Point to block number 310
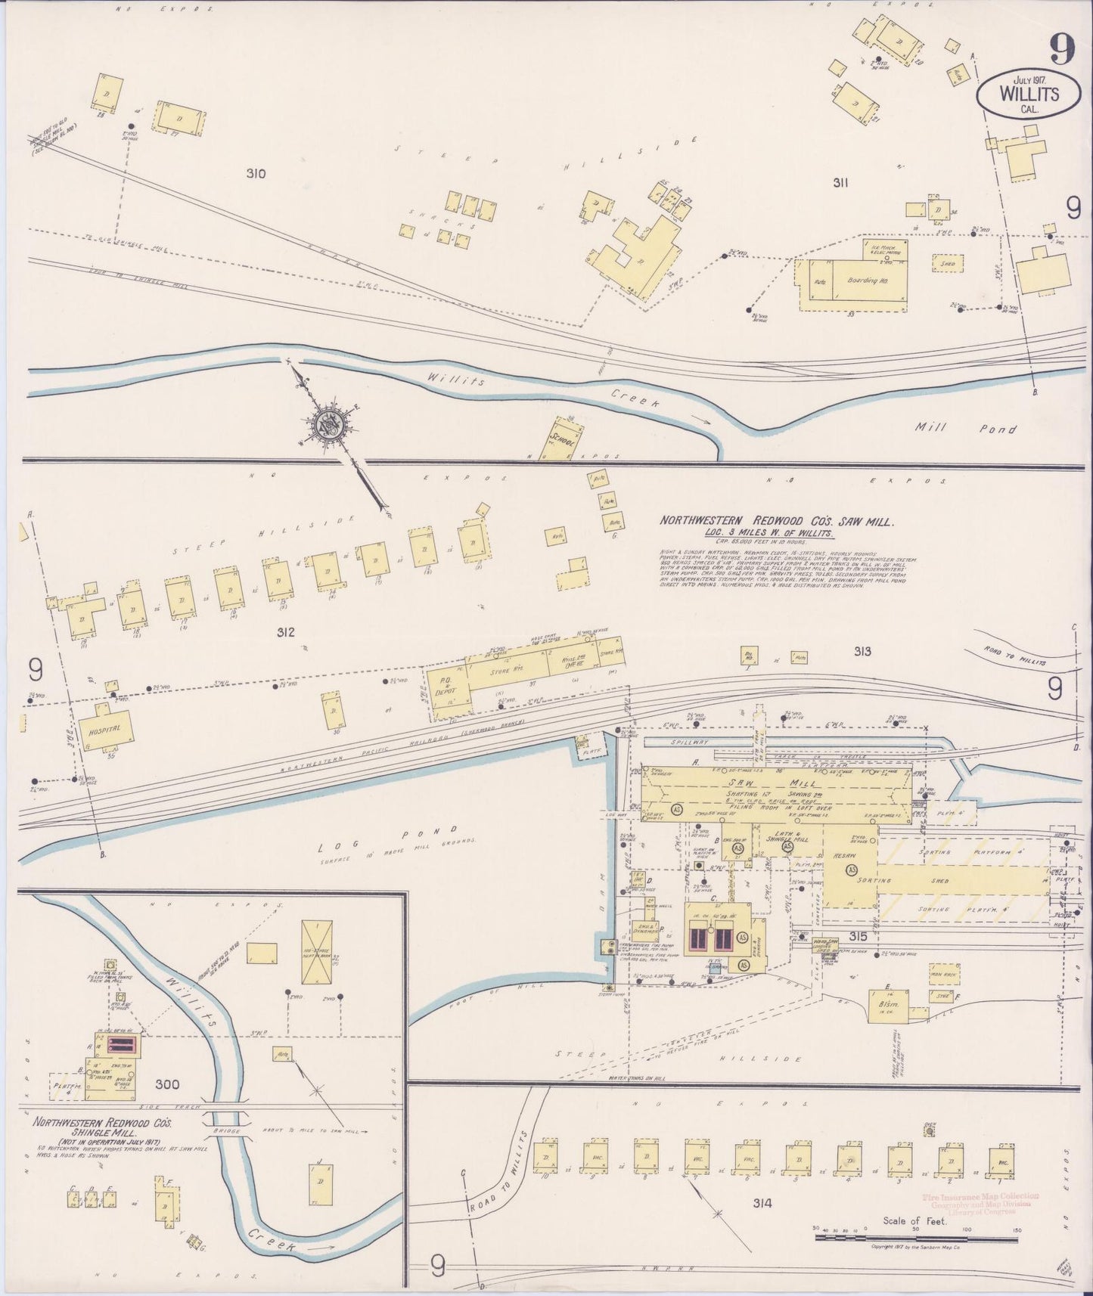[256, 174]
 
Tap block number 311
[840, 182]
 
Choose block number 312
[284, 632]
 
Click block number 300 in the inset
[167, 1085]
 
